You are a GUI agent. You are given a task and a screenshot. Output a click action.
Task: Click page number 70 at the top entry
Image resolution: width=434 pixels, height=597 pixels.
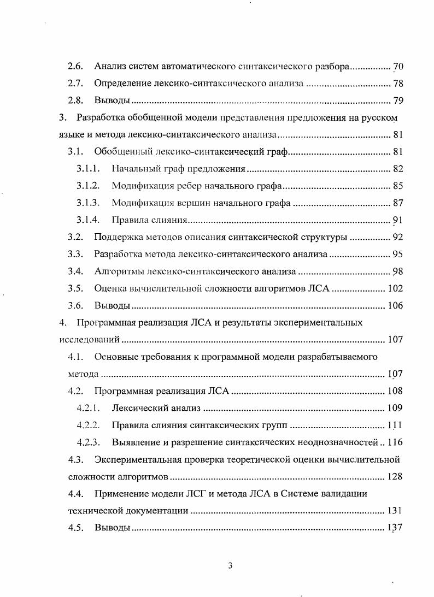pos(398,67)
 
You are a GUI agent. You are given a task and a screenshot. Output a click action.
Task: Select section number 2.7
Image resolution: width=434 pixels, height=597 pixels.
pos(75,84)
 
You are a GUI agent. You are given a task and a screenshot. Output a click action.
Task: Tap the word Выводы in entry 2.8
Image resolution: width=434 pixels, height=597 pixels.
pos(112,101)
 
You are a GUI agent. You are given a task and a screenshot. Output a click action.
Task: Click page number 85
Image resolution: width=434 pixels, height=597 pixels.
pos(398,186)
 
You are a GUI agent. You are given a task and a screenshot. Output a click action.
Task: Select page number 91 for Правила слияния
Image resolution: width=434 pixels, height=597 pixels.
pos(398,220)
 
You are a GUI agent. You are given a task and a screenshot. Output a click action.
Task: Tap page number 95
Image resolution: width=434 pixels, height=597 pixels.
pos(398,255)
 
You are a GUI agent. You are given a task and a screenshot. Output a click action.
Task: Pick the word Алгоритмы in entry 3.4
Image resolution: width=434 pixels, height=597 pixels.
pos(116,271)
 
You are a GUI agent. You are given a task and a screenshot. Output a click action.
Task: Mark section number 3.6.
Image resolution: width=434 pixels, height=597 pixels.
pos(75,305)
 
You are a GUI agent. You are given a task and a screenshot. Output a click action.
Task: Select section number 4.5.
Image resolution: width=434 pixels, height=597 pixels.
pos(75,528)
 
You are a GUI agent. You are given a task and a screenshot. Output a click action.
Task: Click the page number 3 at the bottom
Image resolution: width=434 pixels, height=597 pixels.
pos(230,565)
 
